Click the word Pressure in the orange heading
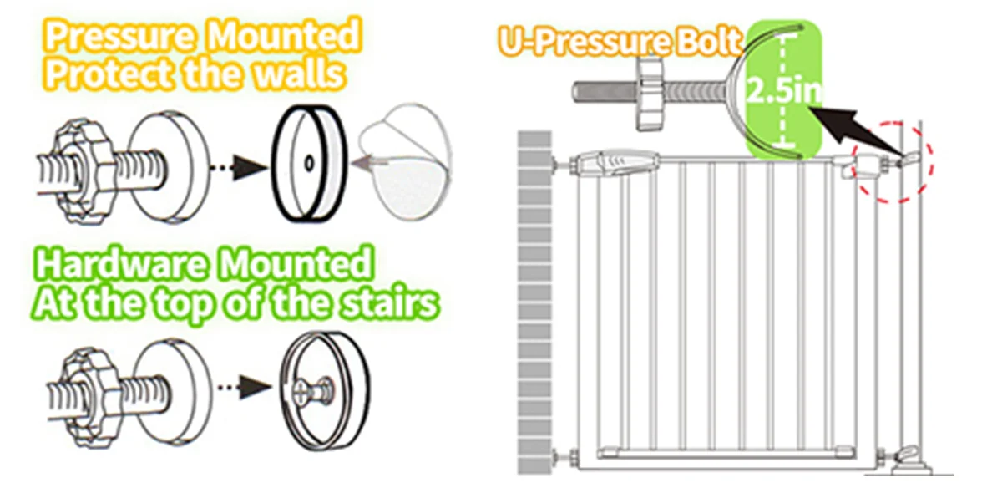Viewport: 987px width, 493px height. [x=119, y=38]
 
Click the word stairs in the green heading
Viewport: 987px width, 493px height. [x=390, y=302]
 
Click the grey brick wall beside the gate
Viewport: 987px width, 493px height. [x=535, y=309]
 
